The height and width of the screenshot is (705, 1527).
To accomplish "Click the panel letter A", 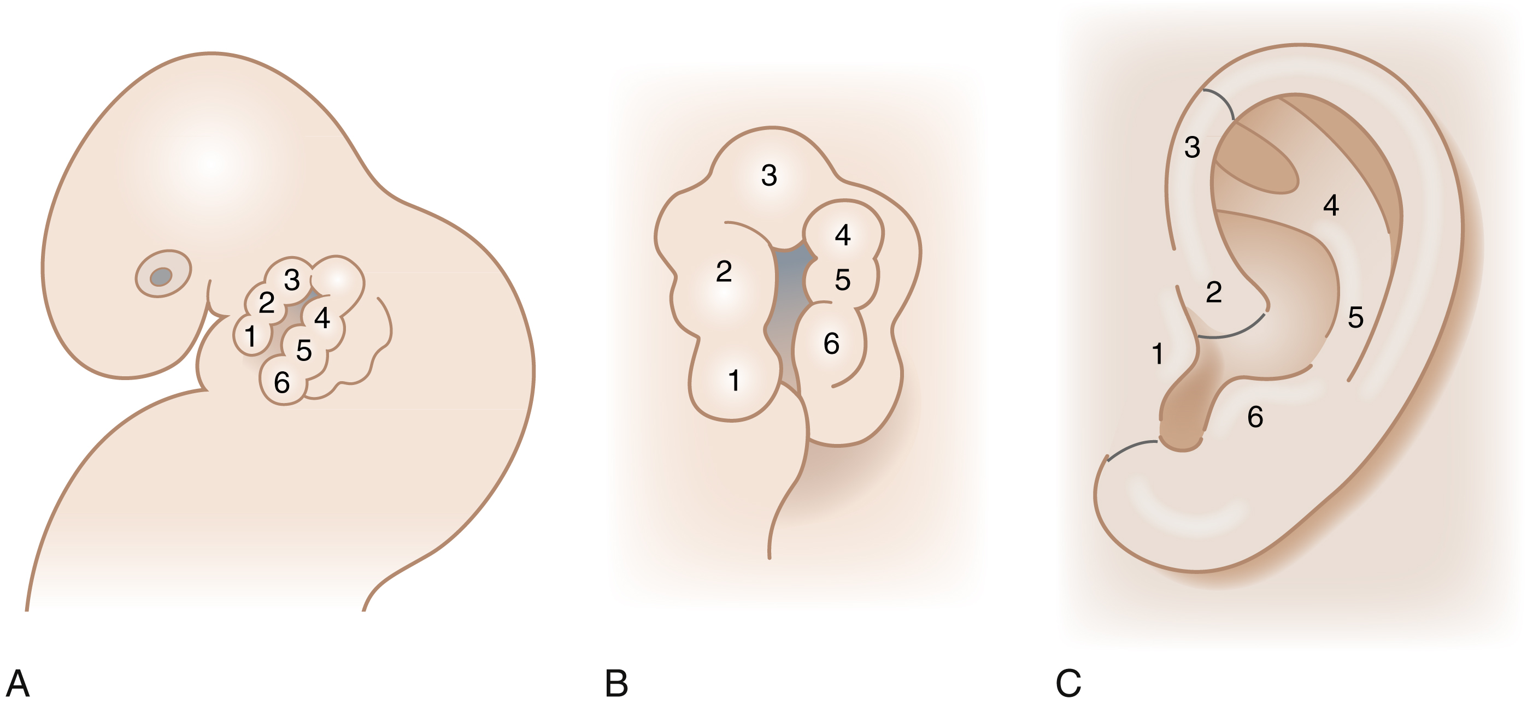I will tap(18, 684).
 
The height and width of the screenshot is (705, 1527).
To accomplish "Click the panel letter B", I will tap(616, 684).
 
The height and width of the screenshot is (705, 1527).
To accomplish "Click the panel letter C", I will tap(1068, 684).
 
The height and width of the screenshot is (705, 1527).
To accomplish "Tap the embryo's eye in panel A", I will tap(161, 276).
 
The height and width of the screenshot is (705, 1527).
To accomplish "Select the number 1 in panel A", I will tap(251, 336).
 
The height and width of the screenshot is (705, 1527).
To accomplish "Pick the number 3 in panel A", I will tap(292, 280).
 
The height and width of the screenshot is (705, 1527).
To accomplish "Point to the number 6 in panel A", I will tap(282, 383).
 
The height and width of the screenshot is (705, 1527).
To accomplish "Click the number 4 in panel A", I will tap(322, 318).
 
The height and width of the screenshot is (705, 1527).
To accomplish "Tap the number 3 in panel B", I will tap(769, 175).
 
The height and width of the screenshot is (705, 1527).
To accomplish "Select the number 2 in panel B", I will tap(724, 271).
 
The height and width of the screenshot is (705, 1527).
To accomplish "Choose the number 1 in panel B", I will tap(734, 380).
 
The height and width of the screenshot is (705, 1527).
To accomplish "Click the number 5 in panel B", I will tap(842, 280).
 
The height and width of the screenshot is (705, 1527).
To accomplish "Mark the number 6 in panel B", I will tap(832, 343).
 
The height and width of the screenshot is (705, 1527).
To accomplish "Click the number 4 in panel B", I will tap(842, 235).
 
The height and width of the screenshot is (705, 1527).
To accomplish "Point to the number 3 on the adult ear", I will tap(1192, 147).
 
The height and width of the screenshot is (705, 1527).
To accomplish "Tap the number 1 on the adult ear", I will tap(1157, 354).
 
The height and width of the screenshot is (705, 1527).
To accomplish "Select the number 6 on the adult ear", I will tap(1255, 417).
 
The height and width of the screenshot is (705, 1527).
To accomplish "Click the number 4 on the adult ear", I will tap(1331, 205).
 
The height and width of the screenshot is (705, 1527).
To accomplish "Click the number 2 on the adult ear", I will tap(1213, 292).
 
